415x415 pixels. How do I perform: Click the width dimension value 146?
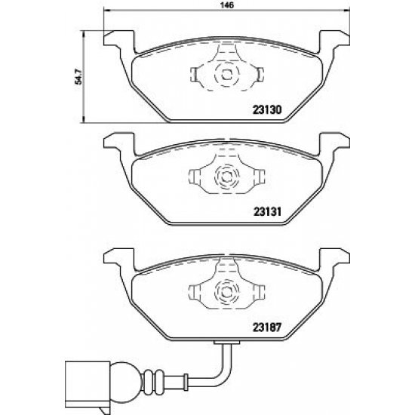point(224,5)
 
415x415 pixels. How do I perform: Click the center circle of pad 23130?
point(226,74)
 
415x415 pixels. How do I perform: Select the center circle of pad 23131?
point(226,177)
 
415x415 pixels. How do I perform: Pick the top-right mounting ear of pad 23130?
point(334,37)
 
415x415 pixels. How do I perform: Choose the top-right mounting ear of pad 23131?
point(334,140)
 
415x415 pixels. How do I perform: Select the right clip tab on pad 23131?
point(259,177)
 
